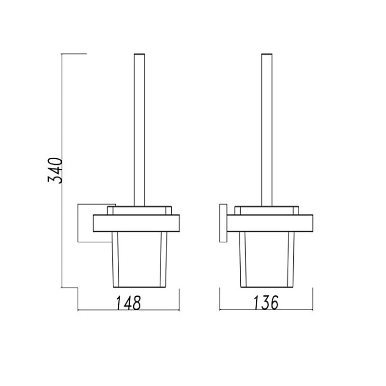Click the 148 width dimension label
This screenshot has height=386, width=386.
click(128, 303)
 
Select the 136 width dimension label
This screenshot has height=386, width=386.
click(266, 303)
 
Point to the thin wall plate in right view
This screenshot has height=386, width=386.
click(222, 223)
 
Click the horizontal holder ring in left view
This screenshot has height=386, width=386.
click(136, 222)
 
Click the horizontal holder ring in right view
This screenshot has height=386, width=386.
click(270, 222)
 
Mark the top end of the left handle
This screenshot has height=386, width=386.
click(139, 53)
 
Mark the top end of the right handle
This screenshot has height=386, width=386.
click(267, 54)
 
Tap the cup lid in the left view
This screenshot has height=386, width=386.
click(139, 210)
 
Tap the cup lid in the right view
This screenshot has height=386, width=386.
click(267, 210)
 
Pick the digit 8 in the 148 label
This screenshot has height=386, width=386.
click(136, 303)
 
